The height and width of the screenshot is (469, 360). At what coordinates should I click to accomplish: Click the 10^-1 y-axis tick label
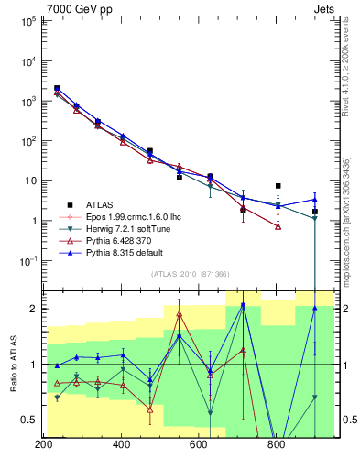pos(27,261)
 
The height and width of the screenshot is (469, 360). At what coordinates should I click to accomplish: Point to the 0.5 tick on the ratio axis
pos(29,420)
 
